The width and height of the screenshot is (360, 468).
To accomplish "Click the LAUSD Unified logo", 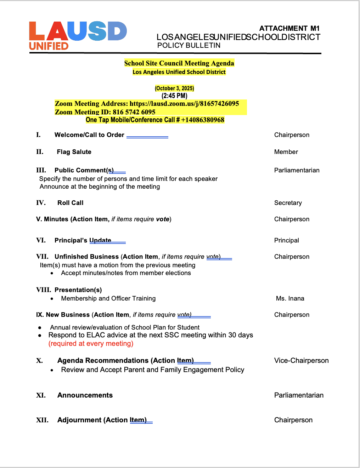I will pyautogui.click(x=78, y=35).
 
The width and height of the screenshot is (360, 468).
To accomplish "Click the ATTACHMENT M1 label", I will pyautogui.click(x=289, y=28).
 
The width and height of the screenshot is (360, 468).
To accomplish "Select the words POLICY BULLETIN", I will pyautogui.click(x=189, y=45).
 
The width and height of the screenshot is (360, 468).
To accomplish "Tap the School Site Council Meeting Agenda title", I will pyautogui.click(x=179, y=63).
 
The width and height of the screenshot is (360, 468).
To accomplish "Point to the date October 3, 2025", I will pyautogui.click(x=174, y=88).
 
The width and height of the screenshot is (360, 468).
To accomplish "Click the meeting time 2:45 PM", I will pyautogui.click(x=174, y=96).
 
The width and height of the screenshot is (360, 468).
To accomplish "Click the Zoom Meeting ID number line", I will pyautogui.click(x=105, y=112).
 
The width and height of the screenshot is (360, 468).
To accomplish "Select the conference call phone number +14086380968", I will pyautogui.click(x=203, y=120).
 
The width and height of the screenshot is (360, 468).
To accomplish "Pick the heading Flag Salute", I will pyautogui.click(x=74, y=152).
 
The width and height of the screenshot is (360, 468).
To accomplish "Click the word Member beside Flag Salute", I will pyautogui.click(x=286, y=152).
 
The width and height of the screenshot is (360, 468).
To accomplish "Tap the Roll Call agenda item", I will pyautogui.click(x=71, y=203).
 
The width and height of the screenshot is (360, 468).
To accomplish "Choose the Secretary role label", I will pyautogui.click(x=288, y=203).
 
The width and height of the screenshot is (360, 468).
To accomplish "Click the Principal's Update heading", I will pyautogui.click(x=83, y=240).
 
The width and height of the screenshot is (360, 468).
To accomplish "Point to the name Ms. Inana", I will pyautogui.click(x=290, y=298).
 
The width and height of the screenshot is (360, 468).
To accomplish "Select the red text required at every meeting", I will pyautogui.click(x=91, y=343).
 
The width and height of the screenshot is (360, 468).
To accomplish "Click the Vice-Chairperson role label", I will pyautogui.click(x=301, y=360).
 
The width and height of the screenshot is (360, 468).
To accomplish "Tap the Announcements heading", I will pyautogui.click(x=85, y=395).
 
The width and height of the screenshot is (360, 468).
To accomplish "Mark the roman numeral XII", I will pyautogui.click(x=42, y=420).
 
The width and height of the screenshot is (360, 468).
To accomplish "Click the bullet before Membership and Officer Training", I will pyautogui.click(x=52, y=299).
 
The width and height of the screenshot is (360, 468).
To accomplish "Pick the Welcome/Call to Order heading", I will pyautogui.click(x=89, y=135).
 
